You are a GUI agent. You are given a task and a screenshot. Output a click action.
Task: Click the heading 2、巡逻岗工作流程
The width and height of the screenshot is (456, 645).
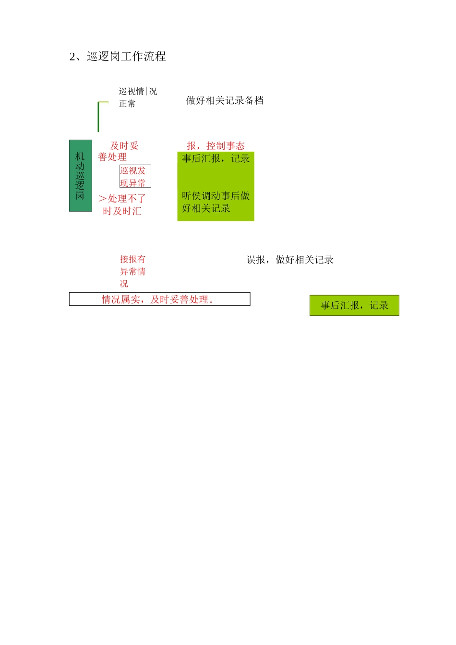click(118, 57)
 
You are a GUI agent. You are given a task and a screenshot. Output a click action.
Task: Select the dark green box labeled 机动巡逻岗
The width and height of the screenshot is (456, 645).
click(80, 176)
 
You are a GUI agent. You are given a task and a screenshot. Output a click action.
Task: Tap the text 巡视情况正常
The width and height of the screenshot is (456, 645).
click(138, 97)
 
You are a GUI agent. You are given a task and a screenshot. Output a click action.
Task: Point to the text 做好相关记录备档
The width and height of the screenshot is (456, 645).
click(225, 100)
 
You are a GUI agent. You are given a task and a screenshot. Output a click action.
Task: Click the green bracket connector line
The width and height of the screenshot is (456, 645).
click(98, 117)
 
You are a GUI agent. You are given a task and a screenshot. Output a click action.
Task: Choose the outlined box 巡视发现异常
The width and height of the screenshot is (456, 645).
click(135, 177)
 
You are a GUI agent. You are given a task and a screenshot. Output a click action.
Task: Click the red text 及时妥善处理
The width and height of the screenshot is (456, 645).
click(118, 151)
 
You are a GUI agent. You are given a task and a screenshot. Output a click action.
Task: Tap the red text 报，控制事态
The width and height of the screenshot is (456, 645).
click(216, 146)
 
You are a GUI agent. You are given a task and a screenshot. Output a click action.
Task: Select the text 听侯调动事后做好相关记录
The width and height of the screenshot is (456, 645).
click(216, 202)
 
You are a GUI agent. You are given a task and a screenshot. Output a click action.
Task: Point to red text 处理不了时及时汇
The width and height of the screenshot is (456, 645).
click(122, 205)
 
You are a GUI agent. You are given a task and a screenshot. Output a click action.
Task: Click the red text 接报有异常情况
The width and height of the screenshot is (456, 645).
click(132, 271)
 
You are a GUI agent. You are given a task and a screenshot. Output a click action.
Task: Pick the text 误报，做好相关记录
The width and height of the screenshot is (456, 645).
click(290, 260)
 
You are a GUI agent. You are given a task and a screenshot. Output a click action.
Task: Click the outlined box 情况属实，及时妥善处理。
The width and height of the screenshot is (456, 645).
click(159, 299)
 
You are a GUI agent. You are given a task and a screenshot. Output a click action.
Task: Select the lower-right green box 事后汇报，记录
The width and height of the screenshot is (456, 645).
click(354, 305)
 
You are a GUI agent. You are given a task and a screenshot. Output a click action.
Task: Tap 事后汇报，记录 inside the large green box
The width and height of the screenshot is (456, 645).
click(216, 159)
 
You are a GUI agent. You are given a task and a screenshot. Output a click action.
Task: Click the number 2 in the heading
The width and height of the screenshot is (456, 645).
click(72, 57)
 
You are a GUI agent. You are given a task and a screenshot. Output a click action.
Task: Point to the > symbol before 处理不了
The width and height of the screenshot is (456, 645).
click(102, 199)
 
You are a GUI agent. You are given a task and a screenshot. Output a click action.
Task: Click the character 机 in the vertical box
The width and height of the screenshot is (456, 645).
click(80, 156)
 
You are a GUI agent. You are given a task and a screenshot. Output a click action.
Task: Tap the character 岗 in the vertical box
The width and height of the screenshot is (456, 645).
click(80, 195)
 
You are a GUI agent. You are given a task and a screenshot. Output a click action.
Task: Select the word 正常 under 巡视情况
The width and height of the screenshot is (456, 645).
click(127, 104)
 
